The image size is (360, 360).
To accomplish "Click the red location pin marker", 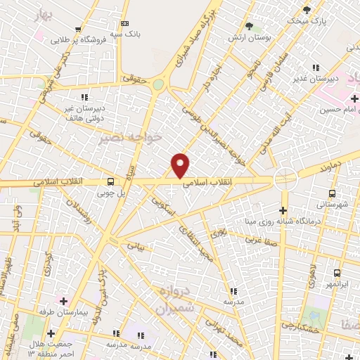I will tap(181, 165).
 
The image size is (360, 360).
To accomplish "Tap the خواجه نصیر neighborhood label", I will tap(141, 136).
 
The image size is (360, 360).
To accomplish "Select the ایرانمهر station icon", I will tap(337, 273).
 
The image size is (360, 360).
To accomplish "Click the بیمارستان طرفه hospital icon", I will tap(63, 300).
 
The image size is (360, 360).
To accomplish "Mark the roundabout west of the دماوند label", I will tap(285, 179).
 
